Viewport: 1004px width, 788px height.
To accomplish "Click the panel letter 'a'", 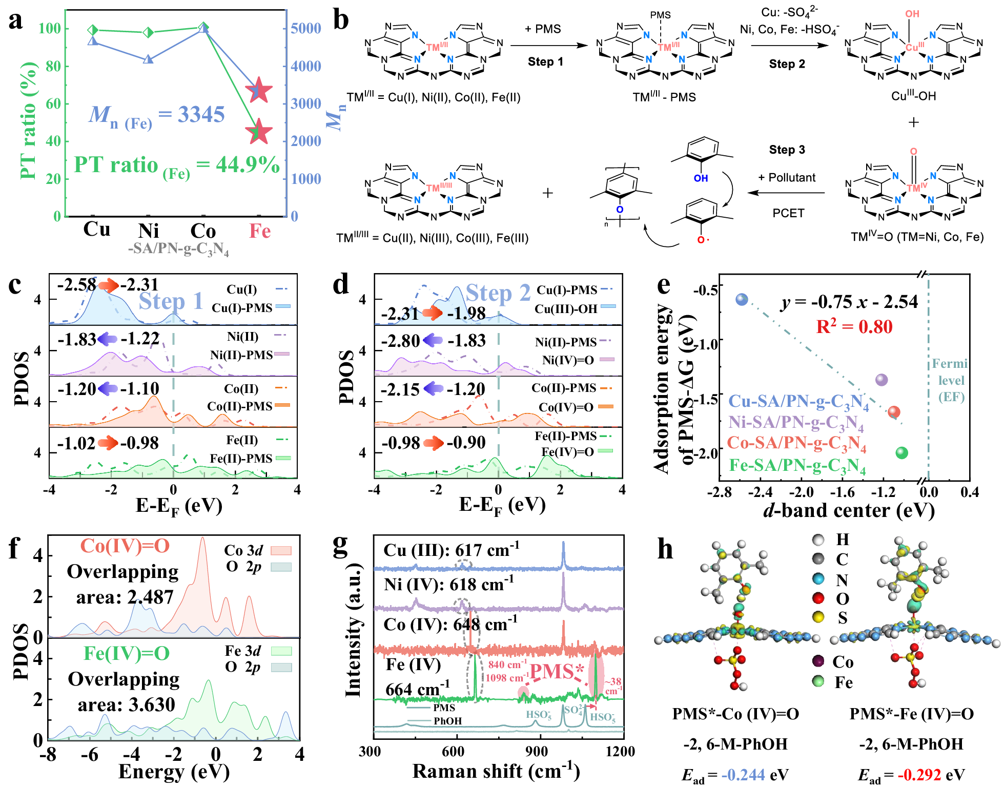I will point(16,22).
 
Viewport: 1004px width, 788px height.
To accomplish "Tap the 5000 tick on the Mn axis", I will point(306,28).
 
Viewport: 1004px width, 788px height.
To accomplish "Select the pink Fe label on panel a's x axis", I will point(260,231).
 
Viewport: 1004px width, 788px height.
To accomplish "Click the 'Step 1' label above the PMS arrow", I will point(545,62).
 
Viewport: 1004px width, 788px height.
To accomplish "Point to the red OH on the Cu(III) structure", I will point(912,14).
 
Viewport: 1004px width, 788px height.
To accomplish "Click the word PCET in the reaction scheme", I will point(788,213).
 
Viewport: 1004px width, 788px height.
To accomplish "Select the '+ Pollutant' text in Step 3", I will point(787,178).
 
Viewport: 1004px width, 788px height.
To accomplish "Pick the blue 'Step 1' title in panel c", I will point(171,301).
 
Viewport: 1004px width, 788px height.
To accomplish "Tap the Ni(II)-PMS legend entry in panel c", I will point(241,355).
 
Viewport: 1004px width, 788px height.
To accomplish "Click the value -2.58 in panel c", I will point(76,284).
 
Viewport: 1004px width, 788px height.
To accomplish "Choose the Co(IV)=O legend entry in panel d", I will point(566,407).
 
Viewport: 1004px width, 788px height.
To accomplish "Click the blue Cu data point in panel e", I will point(742,300).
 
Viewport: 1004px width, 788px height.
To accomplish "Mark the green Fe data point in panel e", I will point(901,452).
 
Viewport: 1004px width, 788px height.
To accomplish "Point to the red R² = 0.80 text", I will point(854,326).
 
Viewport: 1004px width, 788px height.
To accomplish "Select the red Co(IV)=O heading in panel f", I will point(125,546).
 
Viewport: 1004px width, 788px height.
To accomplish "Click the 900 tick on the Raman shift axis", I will point(537,751).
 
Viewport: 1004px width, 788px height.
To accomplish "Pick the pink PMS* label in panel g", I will point(557,672).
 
